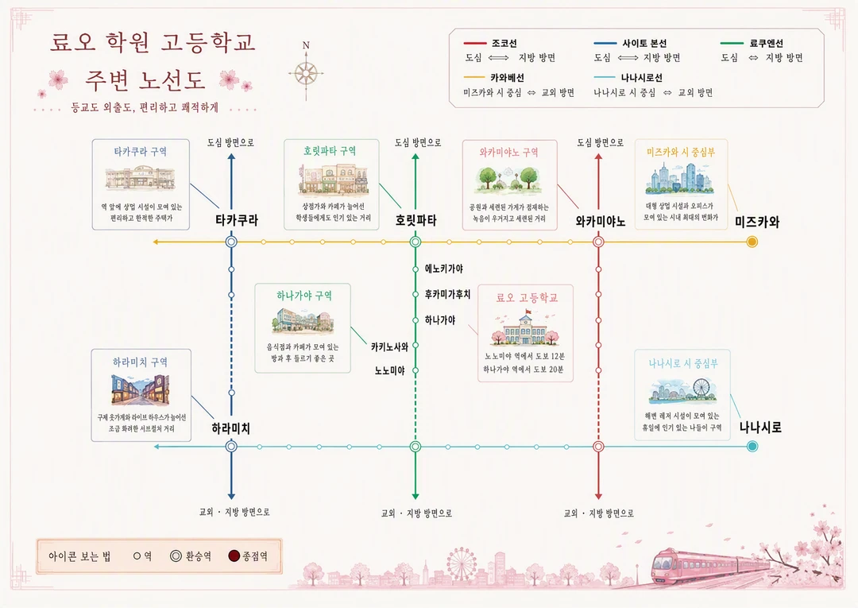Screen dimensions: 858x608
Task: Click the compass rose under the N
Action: (306, 73)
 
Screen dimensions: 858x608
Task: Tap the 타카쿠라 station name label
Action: (237, 220)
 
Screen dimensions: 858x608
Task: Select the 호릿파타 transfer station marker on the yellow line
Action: (415, 242)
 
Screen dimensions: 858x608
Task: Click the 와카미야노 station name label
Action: (601, 222)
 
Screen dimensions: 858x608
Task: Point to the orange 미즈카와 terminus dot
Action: (752, 242)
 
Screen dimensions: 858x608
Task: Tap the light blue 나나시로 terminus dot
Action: (752, 447)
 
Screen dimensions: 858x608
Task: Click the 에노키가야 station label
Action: (444, 269)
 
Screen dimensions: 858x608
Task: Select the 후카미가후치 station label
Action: (447, 294)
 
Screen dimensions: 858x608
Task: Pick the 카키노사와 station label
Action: (389, 347)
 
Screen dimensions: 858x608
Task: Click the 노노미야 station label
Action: (389, 370)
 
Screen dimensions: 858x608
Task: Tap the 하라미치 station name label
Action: (231, 428)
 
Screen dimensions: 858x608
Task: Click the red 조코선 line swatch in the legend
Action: (474, 43)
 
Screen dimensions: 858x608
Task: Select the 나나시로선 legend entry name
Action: (641, 78)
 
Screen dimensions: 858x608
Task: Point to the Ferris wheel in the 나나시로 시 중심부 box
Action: (701, 388)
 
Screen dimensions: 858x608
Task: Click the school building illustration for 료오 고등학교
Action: (525, 328)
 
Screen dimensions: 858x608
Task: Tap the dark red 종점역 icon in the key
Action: (234, 556)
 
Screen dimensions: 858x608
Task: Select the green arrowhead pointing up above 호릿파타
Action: (415, 157)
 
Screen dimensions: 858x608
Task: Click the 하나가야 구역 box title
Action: (304, 296)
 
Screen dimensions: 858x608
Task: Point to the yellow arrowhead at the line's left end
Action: (156, 242)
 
